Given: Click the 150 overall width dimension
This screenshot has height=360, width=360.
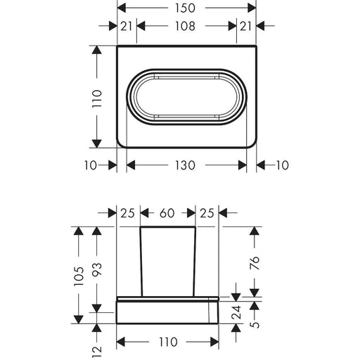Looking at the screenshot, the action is pyautogui.click(x=185, y=8).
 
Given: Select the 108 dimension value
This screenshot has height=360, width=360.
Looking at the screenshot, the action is pyautogui.click(x=185, y=26).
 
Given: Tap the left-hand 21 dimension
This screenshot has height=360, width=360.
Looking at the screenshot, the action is pyautogui.click(x=127, y=26).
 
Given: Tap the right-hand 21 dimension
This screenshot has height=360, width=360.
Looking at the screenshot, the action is pyautogui.click(x=245, y=26).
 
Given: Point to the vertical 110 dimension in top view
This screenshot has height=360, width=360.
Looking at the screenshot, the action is pyautogui.click(x=97, y=98).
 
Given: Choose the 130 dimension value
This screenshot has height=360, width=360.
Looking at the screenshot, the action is pyautogui.click(x=185, y=165).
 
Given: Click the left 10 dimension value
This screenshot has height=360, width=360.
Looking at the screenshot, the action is pyautogui.click(x=91, y=165).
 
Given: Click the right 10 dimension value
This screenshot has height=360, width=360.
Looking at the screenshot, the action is pyautogui.click(x=283, y=165).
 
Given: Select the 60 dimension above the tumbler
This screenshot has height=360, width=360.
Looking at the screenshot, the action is pyautogui.click(x=167, y=213).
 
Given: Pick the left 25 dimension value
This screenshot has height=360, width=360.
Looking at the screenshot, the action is pyautogui.click(x=128, y=213).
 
